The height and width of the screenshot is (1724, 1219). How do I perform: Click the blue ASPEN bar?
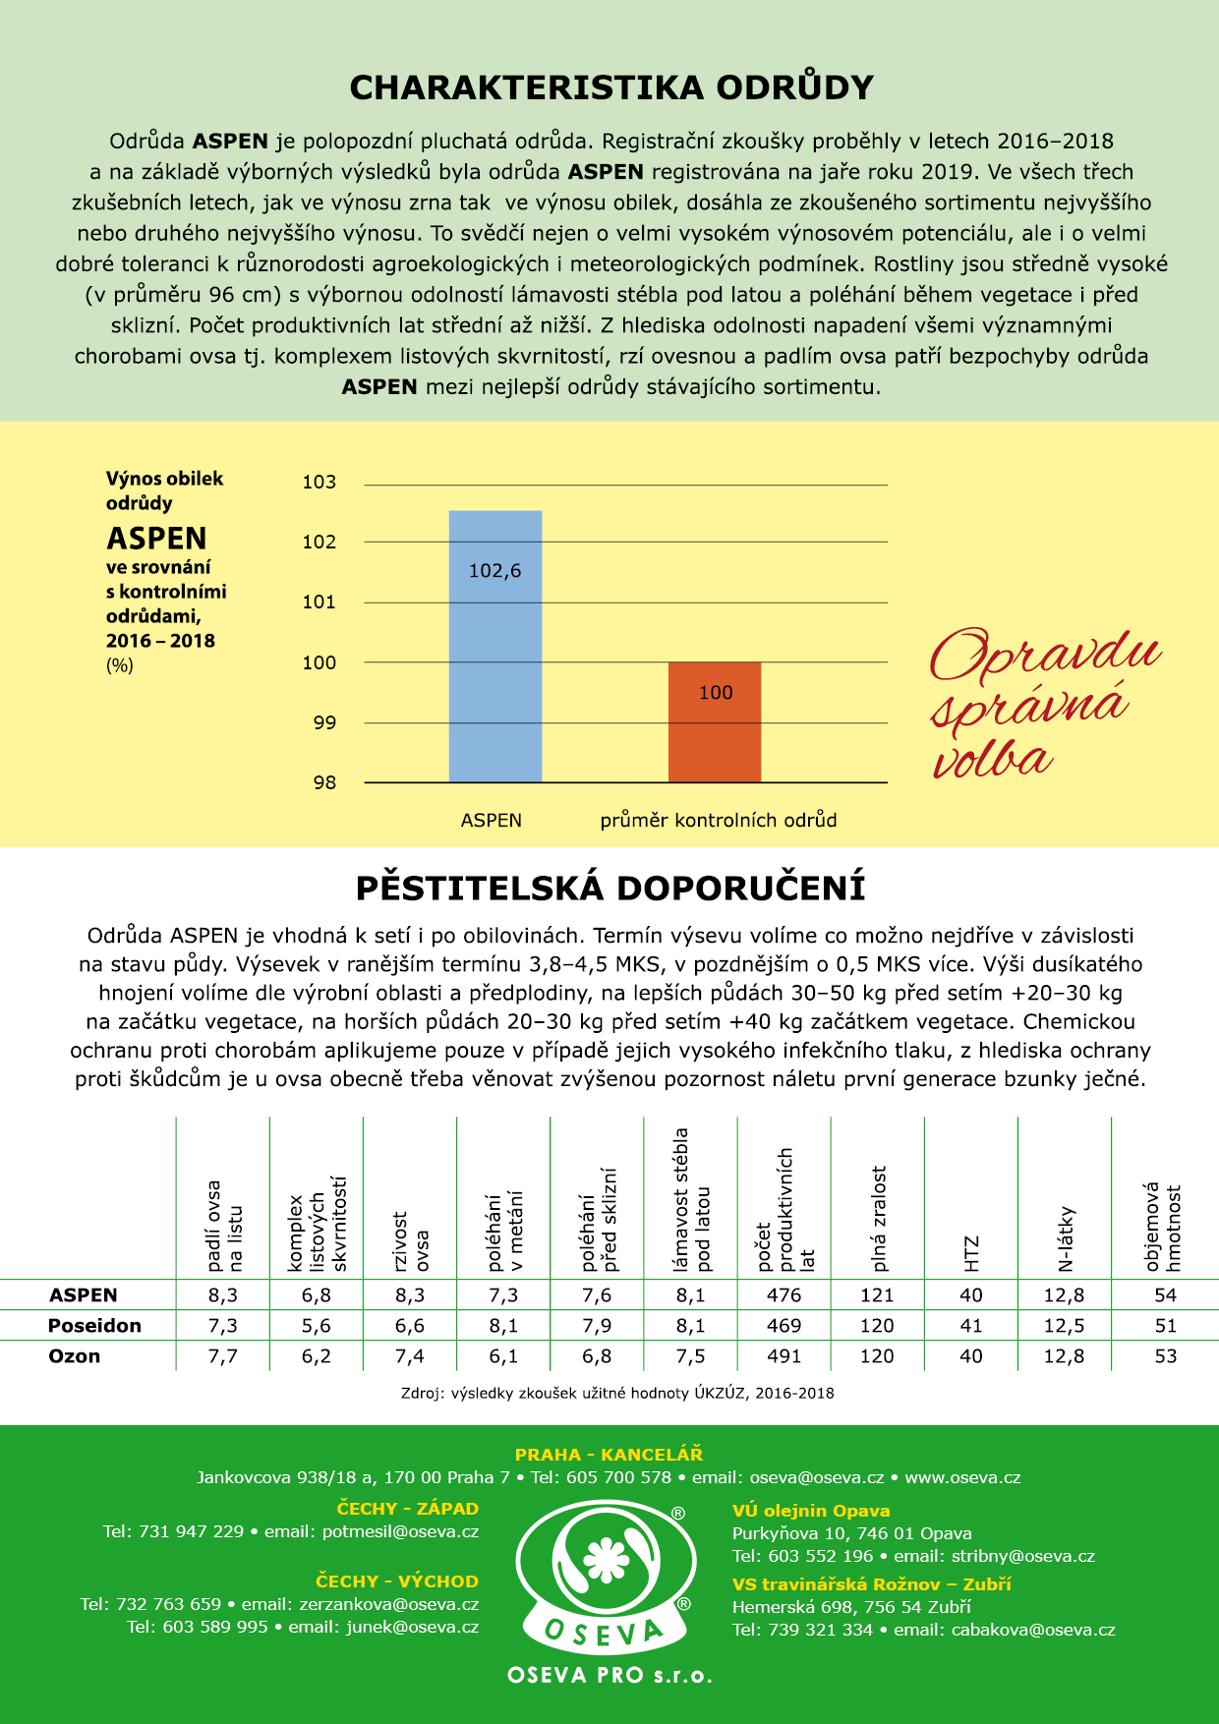[494, 646]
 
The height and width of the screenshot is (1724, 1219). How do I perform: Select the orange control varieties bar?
[715, 722]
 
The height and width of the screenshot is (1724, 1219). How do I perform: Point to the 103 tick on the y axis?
[319, 482]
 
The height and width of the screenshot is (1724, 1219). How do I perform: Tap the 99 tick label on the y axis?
[324, 722]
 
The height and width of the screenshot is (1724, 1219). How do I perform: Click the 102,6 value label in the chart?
[494, 571]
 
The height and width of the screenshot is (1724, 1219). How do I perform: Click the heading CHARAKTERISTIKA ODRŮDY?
[611, 87]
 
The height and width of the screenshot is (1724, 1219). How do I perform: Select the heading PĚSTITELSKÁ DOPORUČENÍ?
[610, 888]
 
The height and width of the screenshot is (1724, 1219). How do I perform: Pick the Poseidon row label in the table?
[94, 1326]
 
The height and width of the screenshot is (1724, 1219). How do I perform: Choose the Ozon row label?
[75, 1356]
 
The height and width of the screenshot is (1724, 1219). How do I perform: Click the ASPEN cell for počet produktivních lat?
[784, 1295]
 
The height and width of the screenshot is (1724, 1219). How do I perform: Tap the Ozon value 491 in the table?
[784, 1356]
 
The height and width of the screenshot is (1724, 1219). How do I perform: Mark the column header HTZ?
[971, 1253]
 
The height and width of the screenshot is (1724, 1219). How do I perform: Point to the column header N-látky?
[1066, 1238]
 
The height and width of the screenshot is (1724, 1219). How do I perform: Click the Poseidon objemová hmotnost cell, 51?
[1165, 1326]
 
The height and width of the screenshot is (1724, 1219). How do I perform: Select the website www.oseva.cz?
[962, 1477]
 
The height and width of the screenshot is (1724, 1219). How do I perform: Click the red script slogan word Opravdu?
[1045, 654]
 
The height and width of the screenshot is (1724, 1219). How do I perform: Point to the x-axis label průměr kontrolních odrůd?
[719, 820]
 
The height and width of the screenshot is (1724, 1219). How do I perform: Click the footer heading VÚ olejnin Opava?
[811, 1511]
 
